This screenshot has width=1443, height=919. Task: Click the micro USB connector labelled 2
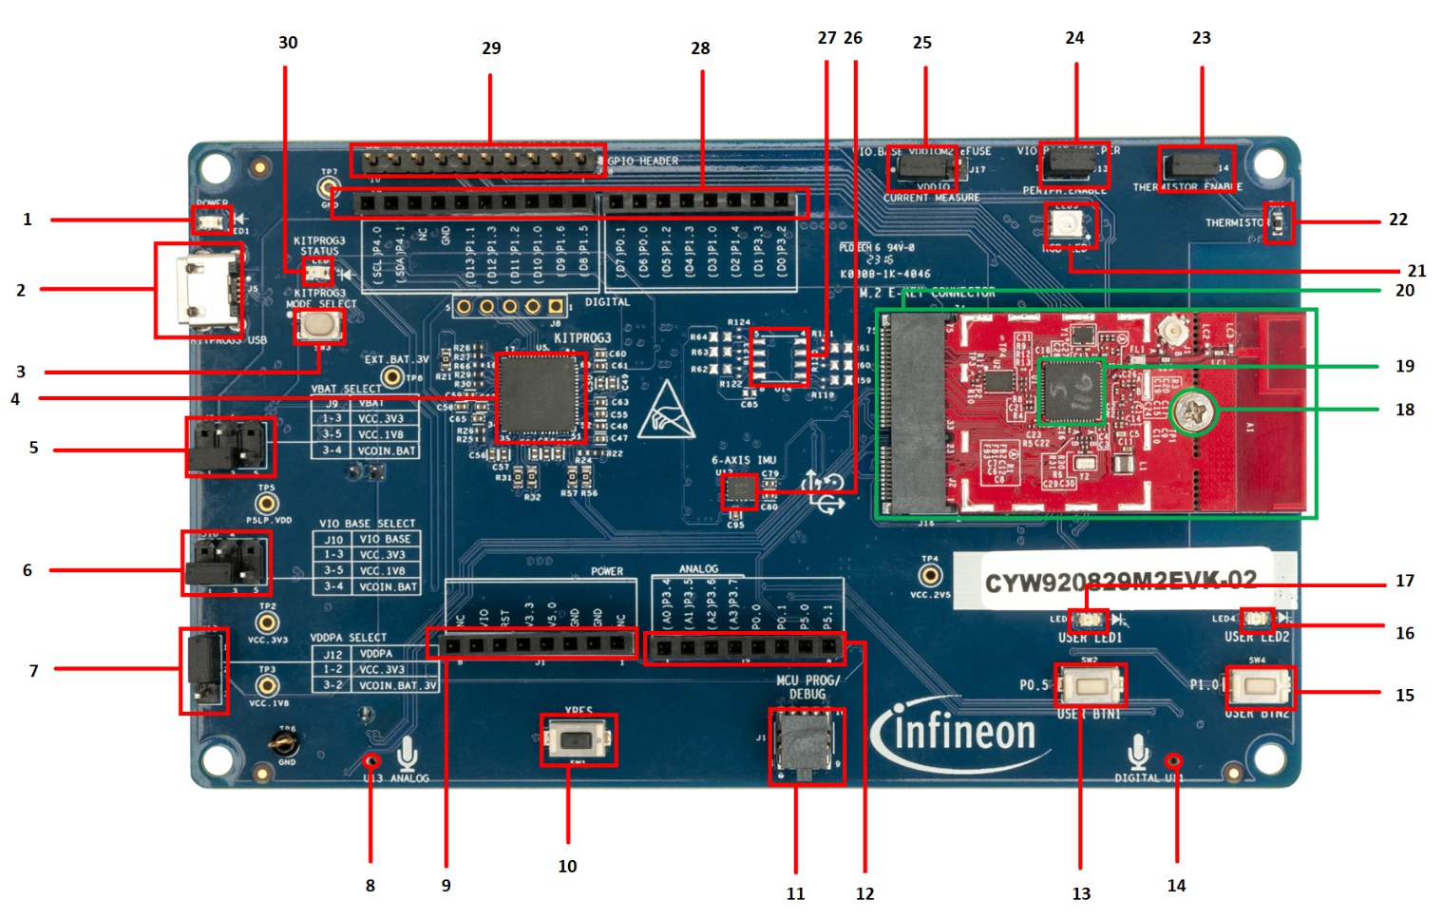click(200, 290)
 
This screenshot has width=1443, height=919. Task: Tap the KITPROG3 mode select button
click(319, 326)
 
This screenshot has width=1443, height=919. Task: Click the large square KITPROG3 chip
click(541, 397)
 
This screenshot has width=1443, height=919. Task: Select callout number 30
click(288, 43)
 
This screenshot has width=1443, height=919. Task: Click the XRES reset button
click(578, 739)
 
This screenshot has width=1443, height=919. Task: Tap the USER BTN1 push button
click(1090, 685)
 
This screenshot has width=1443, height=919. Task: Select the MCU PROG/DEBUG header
click(807, 746)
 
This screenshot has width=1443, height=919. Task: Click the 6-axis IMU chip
click(738, 491)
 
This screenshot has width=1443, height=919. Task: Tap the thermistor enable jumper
click(1196, 167)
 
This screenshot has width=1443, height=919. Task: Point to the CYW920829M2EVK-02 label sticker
click(1121, 580)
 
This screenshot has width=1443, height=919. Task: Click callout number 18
click(1404, 410)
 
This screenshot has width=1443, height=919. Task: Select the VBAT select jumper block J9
click(230, 447)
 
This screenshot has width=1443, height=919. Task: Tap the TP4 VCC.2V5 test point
click(930, 574)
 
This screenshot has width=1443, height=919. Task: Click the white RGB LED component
click(1070, 225)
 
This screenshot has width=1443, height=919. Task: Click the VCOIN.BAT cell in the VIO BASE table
click(388, 586)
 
